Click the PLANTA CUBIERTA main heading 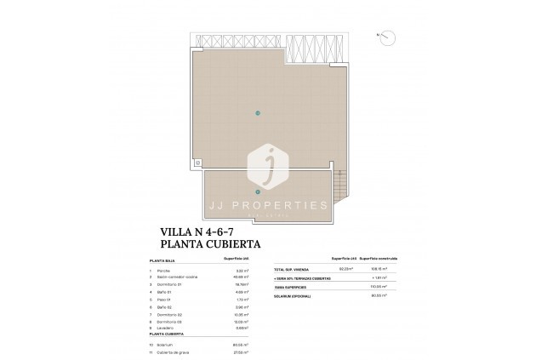click(x=210, y=243)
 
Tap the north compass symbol click(x=386, y=37)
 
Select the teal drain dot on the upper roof click(x=258, y=113)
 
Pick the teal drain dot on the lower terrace click(x=258, y=191)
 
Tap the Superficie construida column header click(x=377, y=258)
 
